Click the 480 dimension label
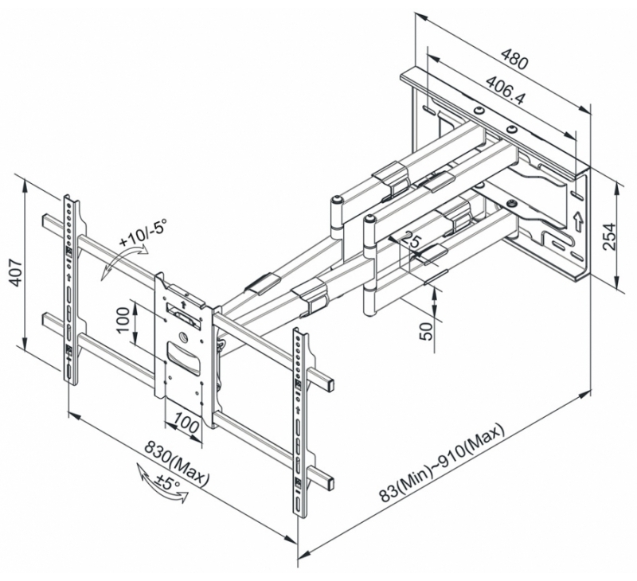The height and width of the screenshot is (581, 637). tap(514, 59)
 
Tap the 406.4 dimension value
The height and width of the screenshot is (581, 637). tap(506, 89)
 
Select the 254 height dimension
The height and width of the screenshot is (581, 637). tap(610, 236)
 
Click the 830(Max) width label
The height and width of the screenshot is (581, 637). tap(177, 464)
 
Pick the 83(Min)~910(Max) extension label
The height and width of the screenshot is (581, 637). tap(442, 464)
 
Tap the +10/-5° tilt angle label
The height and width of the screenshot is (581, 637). tap(143, 233)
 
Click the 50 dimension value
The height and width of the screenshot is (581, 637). tap(427, 331)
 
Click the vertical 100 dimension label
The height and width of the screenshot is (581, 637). tap(123, 319)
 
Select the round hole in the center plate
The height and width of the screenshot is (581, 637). tap(183, 337)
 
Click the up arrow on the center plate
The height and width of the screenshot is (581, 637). tap(183, 303)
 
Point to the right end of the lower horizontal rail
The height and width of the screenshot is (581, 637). tap(331, 483)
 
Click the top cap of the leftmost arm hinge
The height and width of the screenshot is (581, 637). tap(336, 199)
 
